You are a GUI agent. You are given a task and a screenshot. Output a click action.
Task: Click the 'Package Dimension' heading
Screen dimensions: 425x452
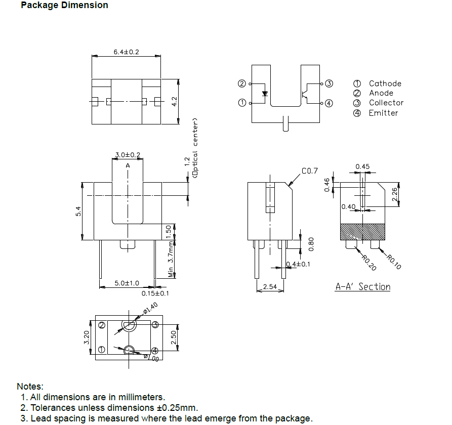(x=64, y=6)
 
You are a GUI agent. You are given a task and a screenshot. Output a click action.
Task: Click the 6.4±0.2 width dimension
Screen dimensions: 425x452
(x=126, y=52)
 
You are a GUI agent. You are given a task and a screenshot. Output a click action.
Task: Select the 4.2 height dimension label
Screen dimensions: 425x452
(x=174, y=101)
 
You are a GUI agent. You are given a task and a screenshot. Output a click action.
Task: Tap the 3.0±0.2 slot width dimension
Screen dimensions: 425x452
(x=128, y=155)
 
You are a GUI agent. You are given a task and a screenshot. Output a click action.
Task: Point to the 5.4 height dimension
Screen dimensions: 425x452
(x=78, y=211)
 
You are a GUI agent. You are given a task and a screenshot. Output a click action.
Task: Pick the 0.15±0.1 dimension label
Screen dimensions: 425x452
(x=155, y=293)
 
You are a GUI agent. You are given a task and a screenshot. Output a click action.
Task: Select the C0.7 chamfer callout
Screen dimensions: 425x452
(x=310, y=172)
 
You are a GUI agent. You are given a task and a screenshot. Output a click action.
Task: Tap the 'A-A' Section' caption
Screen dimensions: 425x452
(x=363, y=287)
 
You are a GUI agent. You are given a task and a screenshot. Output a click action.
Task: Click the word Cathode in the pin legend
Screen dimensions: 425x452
(x=385, y=83)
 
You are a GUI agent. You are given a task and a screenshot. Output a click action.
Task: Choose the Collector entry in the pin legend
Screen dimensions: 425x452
(x=386, y=103)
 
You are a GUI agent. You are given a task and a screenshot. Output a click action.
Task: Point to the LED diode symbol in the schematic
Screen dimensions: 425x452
(x=265, y=94)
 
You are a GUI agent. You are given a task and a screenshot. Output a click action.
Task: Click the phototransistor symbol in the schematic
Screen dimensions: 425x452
(x=305, y=94)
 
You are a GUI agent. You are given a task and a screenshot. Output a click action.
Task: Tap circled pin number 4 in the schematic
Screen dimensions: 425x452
(x=328, y=103)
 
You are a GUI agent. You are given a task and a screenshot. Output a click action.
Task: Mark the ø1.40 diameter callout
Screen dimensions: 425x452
(x=150, y=307)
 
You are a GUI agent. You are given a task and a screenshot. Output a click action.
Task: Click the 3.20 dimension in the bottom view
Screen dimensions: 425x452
(x=86, y=337)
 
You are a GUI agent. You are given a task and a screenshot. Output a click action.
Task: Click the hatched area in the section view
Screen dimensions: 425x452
(x=363, y=232)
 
